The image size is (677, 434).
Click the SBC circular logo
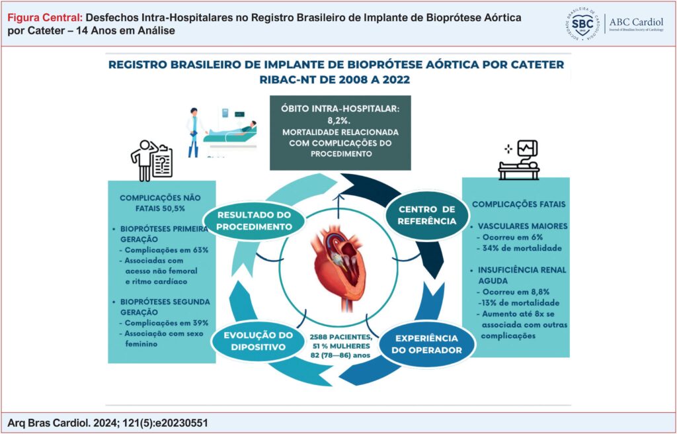click(x=583, y=23)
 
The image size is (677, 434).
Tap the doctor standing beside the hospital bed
click(x=192, y=132)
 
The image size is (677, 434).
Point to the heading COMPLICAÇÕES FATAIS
click(x=519, y=204)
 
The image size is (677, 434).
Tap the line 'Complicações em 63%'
click(x=167, y=250)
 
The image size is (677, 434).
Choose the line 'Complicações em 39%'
click(x=167, y=323)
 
